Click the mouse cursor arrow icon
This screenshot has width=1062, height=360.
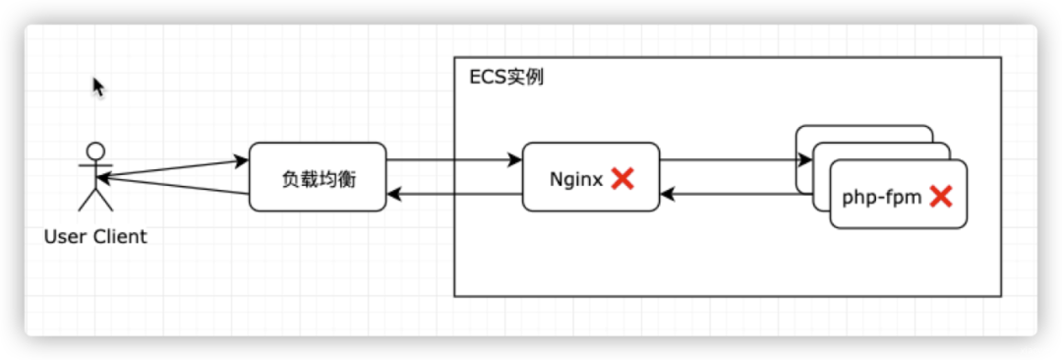[99, 88]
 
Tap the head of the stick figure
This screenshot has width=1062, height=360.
[96, 150]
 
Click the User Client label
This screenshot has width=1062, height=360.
[95, 237]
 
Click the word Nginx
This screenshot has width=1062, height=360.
[575, 180]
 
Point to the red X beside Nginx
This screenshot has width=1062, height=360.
[622, 179]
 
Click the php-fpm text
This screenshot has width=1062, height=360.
[882, 198]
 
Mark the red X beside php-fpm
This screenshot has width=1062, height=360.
[941, 197]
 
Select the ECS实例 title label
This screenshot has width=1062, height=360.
[506, 78]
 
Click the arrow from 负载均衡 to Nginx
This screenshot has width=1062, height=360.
[453, 160]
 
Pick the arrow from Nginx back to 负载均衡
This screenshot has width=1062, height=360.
[453, 196]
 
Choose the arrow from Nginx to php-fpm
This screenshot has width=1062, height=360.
[736, 160]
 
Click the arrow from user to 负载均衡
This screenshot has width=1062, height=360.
[173, 168]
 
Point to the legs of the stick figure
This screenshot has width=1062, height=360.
[95, 200]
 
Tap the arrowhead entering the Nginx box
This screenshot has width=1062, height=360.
[515, 160]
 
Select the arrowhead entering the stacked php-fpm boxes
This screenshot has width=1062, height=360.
[805, 160]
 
